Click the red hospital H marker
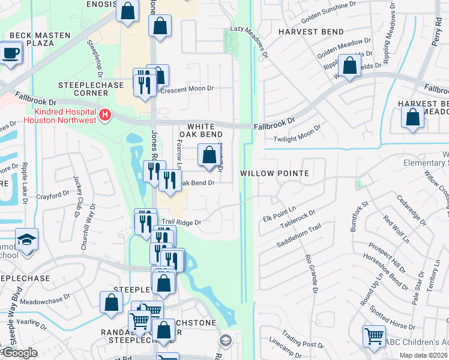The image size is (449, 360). point(106,114)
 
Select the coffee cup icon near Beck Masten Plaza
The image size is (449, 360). point(11,53)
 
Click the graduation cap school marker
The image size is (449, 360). point(26,241)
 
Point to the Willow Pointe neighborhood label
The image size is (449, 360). point(274,173)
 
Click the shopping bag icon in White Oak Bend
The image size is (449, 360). point(208,156)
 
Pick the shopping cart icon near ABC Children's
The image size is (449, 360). point(374,337)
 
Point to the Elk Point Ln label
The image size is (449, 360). point(280,213)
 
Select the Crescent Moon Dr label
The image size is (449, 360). point(190,88)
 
